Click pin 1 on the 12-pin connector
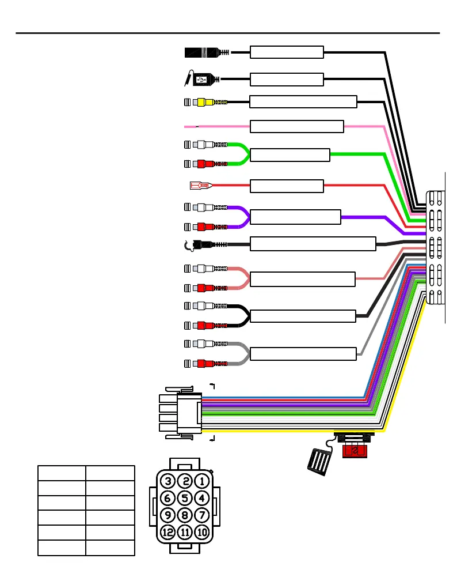point(201,481)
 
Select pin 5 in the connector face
point(185,497)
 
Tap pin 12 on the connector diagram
point(168,532)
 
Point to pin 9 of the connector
point(168,515)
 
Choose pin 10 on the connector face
point(201,532)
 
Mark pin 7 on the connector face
point(201,515)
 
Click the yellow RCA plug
point(204,103)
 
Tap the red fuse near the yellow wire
point(354,450)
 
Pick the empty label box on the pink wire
point(297,126)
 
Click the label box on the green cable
point(290,155)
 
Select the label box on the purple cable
point(296,217)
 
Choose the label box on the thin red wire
point(287,186)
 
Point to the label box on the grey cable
point(303,353)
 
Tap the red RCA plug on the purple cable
point(204,226)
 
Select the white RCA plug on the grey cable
point(204,344)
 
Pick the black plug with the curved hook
point(201,244)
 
